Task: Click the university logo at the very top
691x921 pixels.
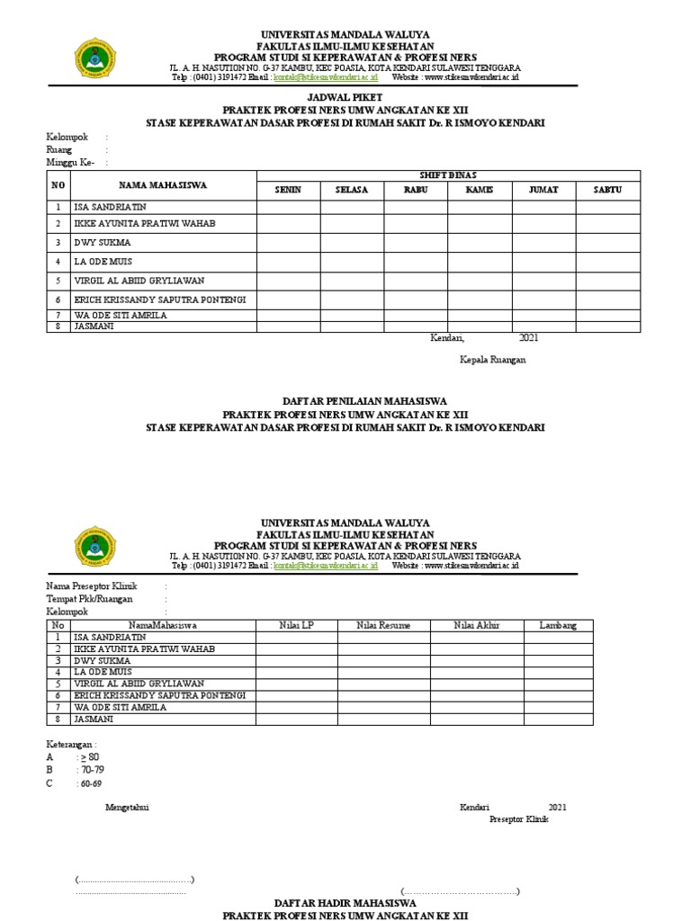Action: click(93, 58)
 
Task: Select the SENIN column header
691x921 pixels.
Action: click(288, 190)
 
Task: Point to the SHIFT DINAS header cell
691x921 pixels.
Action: click(447, 175)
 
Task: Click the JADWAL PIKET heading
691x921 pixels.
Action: click(345, 96)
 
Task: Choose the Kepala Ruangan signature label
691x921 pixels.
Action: click(492, 360)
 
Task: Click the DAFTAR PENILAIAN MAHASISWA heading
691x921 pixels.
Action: click(345, 401)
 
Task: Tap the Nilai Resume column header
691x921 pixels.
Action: click(381, 625)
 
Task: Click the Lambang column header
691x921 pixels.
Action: click(558, 625)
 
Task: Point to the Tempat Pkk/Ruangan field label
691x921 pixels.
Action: click(89, 598)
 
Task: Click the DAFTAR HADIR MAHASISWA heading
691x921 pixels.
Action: click(345, 901)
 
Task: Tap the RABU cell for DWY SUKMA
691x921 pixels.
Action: click(416, 243)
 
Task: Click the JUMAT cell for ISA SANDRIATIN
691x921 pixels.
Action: click(543, 207)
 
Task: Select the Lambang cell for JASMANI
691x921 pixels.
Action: click(558, 719)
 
